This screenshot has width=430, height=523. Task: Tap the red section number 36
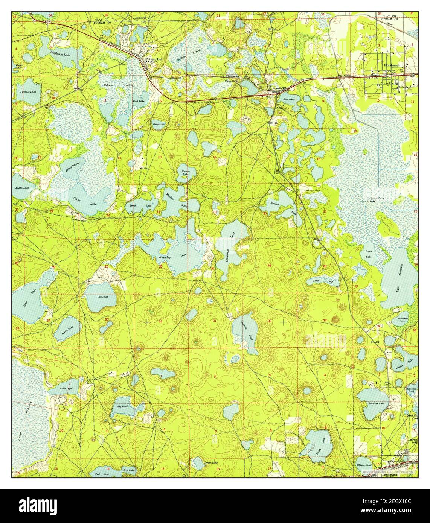tap(161, 321)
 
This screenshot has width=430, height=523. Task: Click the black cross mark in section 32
tap(282, 322)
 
